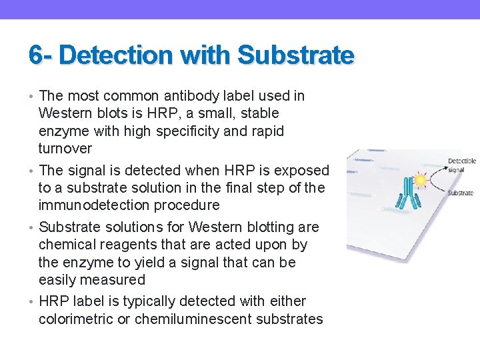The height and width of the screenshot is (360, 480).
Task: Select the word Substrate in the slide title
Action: pyautogui.click(x=295, y=55)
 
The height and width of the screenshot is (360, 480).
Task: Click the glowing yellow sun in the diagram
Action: pyautogui.click(x=421, y=179)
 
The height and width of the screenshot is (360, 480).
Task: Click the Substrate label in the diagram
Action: pyautogui.click(x=460, y=193)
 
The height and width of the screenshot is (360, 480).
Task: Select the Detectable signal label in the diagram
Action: pyautogui.click(x=461, y=165)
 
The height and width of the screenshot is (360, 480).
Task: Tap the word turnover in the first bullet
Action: pyautogui.click(x=65, y=148)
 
